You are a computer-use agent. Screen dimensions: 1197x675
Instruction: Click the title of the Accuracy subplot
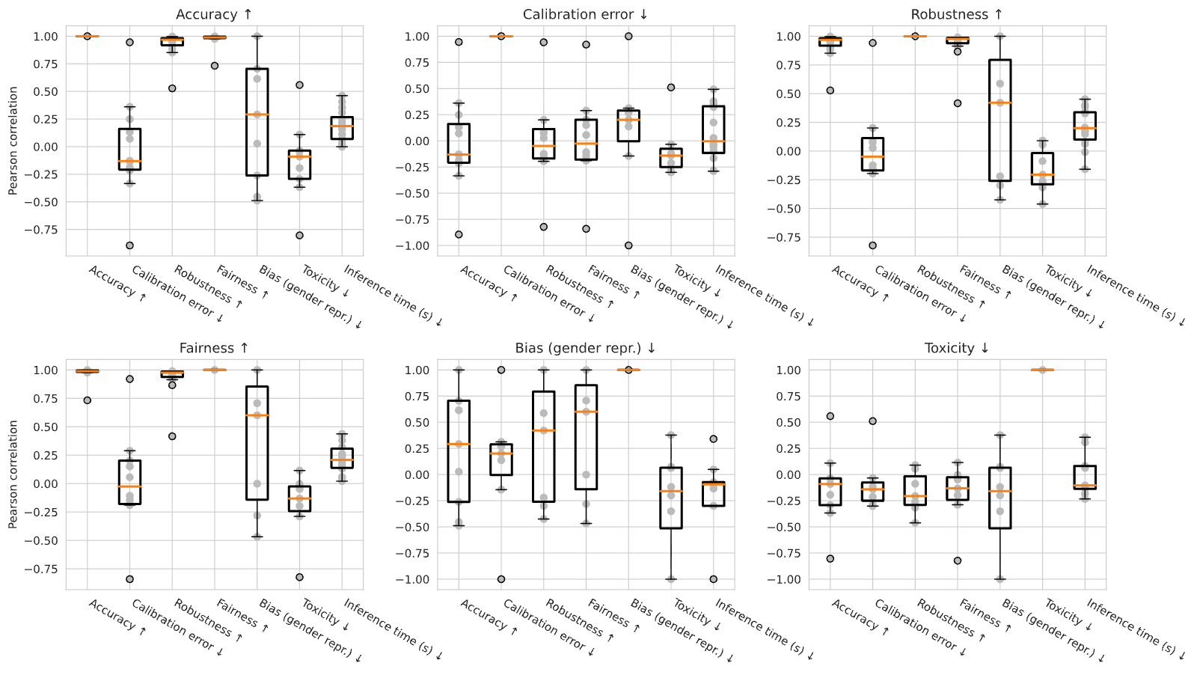coord(214,14)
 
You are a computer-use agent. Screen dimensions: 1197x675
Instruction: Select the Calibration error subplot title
coord(585,14)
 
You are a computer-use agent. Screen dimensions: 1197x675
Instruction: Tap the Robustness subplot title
coord(957,14)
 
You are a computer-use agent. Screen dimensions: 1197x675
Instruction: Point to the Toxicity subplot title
coord(957,348)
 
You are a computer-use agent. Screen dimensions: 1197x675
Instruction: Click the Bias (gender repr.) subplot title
coord(585,349)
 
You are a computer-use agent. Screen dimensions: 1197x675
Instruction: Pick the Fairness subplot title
coord(214,348)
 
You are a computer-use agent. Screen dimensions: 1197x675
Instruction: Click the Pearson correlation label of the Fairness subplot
coord(13,474)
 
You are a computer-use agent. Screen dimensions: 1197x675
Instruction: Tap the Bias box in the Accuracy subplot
coord(257,122)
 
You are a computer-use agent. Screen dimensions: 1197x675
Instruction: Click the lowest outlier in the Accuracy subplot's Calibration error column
coord(129,245)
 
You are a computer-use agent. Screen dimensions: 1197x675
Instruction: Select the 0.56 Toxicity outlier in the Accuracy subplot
coord(300,85)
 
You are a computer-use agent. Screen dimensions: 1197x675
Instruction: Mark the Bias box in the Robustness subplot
coord(999,120)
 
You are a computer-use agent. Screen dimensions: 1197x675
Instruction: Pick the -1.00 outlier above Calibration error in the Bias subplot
coord(501,579)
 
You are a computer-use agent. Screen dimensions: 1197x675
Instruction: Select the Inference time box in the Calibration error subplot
coord(714,130)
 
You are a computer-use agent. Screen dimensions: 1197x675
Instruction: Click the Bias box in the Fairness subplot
coord(257,443)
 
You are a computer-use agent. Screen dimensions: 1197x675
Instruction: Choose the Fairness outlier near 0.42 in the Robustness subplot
coord(958,103)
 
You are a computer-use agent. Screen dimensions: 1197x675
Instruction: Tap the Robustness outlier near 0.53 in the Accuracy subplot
coord(172,88)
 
